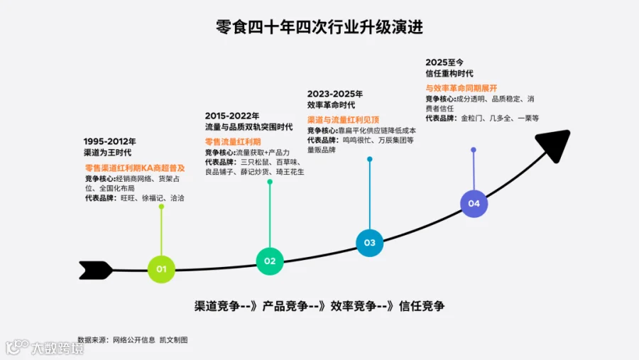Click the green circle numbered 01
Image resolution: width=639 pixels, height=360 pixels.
tap(161, 269)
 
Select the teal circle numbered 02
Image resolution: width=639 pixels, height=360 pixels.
tap(270, 261)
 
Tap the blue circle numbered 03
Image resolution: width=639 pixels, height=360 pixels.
tap(370, 243)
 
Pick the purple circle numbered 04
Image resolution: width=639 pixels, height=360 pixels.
tap(474, 204)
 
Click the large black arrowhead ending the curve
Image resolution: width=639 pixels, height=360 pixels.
tap(555, 145)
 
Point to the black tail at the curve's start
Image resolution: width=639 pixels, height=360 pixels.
tap(96, 271)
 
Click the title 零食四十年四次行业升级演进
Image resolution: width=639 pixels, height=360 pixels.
tap(319, 27)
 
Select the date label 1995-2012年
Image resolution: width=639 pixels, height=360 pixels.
tap(109, 141)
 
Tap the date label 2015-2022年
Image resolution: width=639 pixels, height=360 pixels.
tap(232, 116)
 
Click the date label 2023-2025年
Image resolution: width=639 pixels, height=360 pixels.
tap(335, 94)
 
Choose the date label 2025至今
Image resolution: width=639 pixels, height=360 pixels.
tap(444, 62)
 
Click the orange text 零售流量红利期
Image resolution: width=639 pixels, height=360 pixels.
tap(233, 142)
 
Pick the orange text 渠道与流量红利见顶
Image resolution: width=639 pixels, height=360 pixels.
tap(343, 120)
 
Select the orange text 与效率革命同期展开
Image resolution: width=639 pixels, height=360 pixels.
tap(461, 88)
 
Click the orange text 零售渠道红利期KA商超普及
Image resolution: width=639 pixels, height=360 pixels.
tap(135, 168)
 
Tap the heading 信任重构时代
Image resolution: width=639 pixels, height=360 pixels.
tap(449, 74)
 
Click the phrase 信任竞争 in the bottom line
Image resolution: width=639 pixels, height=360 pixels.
tap(422, 306)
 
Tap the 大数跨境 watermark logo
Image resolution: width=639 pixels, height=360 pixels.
tap(45, 347)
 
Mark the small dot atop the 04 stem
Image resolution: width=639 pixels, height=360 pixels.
tap(474, 150)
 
